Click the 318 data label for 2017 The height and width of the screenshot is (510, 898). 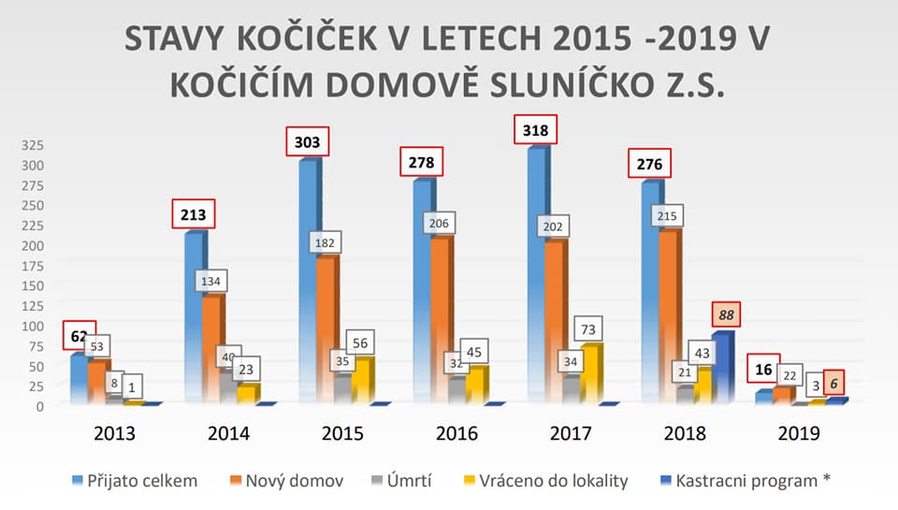pos(534,129)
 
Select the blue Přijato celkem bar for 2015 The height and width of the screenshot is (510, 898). pos(308,281)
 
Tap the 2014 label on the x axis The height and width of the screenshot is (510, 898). pos(228,433)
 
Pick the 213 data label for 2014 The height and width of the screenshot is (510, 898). pos(194,213)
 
